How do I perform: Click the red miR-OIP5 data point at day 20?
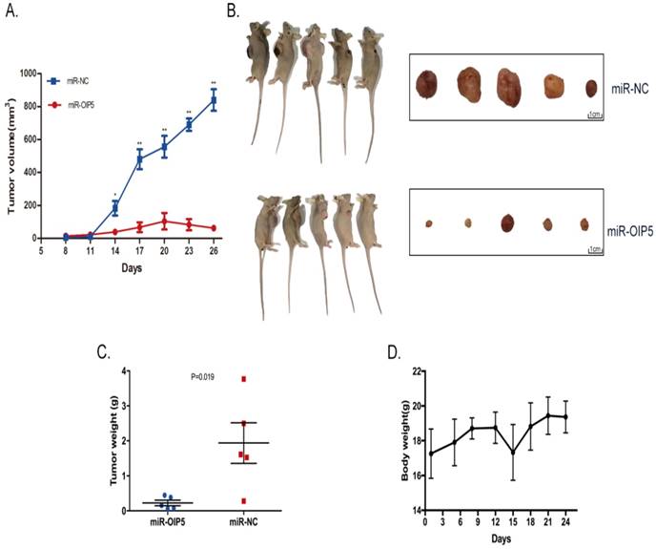pos(164,222)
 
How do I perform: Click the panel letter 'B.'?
pos(231,11)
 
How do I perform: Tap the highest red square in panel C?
pos(244,379)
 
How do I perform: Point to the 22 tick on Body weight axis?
pos(408,370)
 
